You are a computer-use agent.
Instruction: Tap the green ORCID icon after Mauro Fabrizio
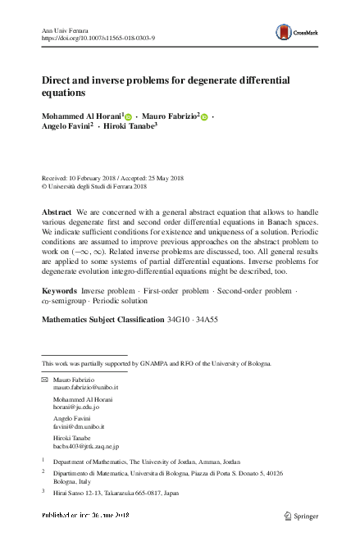coord(205,117)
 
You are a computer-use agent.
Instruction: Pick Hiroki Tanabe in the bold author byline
coord(131,129)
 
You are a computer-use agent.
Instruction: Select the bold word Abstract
coord(56,212)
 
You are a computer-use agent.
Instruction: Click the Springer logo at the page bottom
coord(299,516)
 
